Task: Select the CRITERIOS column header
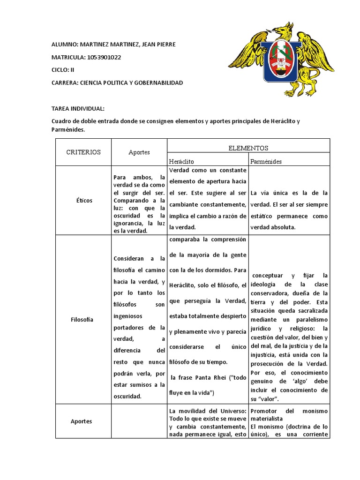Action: click(x=83, y=152)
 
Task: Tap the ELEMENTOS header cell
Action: click(x=248, y=148)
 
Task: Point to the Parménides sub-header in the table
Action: click(x=266, y=161)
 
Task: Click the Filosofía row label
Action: click(x=83, y=319)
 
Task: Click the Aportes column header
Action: click(x=139, y=152)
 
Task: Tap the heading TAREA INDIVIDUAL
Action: click(x=81, y=109)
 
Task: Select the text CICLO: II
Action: click(x=63, y=70)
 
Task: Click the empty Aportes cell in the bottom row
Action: click(x=139, y=421)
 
